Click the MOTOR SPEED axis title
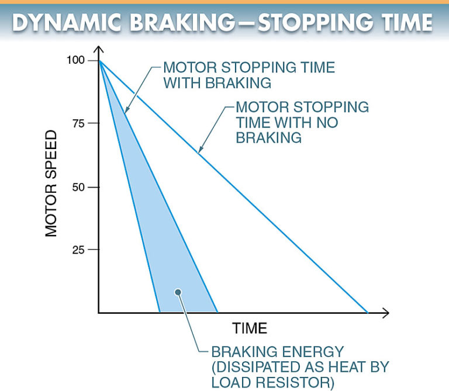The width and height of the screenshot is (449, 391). (x=52, y=183)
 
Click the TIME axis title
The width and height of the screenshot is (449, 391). (x=250, y=328)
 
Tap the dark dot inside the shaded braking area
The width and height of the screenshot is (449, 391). (x=179, y=292)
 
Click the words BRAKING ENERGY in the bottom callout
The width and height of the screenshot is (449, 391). (x=278, y=352)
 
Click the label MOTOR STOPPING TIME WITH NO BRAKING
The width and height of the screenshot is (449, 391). (x=302, y=122)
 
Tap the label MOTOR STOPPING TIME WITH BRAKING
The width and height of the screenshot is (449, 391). (x=248, y=75)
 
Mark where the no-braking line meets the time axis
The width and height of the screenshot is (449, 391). (x=368, y=313)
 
